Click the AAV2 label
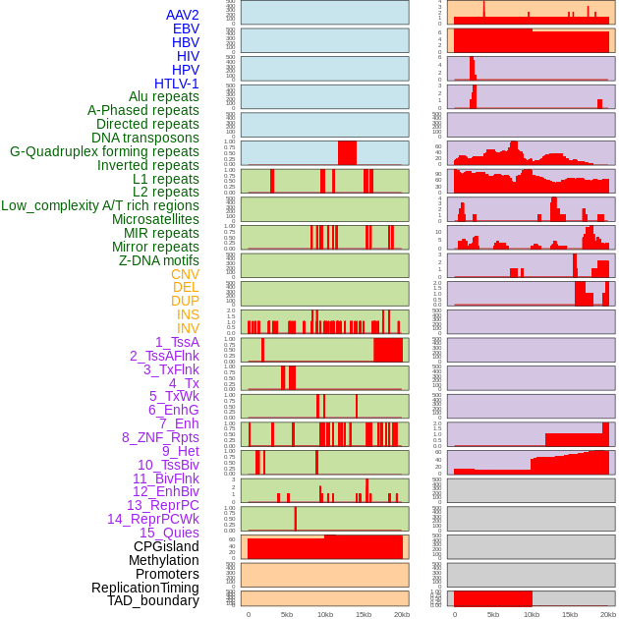(183, 16)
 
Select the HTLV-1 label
(177, 84)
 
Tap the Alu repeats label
(164, 97)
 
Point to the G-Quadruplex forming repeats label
(104, 151)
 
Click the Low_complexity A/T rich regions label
(100, 205)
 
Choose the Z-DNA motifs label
(159, 260)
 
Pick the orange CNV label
(185, 274)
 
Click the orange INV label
(188, 328)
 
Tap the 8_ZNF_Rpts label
(160, 437)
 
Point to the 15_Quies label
(169, 533)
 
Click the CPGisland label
(166, 546)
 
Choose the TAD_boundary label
(153, 600)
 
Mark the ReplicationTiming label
(145, 588)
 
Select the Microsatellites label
(155, 219)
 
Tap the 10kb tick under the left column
(325, 614)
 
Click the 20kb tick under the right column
(608, 614)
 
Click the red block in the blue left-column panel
(347, 153)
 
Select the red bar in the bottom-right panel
(492, 598)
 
